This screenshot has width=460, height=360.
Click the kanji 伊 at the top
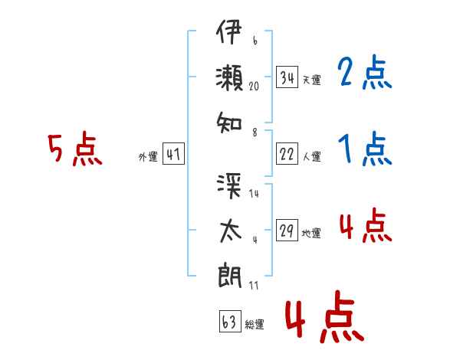(229, 31)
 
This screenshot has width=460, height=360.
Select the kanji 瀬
(229, 77)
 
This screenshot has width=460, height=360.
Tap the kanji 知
(229, 123)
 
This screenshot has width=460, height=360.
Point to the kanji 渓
(229, 185)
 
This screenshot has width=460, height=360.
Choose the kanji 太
(230, 231)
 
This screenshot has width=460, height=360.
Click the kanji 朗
(230, 277)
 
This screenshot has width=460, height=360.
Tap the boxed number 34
(287, 77)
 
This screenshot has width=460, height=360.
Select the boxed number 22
(287, 154)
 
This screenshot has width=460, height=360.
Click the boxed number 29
(287, 230)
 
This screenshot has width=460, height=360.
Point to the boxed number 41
(173, 154)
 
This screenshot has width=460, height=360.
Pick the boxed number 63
(230, 321)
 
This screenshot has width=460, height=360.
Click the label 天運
(311, 80)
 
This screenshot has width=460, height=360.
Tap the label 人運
(312, 156)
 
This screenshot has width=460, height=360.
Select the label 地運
(311, 233)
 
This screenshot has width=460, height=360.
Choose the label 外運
(148, 156)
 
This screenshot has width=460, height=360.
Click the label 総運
(255, 324)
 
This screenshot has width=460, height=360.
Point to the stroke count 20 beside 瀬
(254, 87)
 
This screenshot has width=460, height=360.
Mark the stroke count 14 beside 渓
(254, 194)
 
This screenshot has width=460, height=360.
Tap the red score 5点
(75, 149)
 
